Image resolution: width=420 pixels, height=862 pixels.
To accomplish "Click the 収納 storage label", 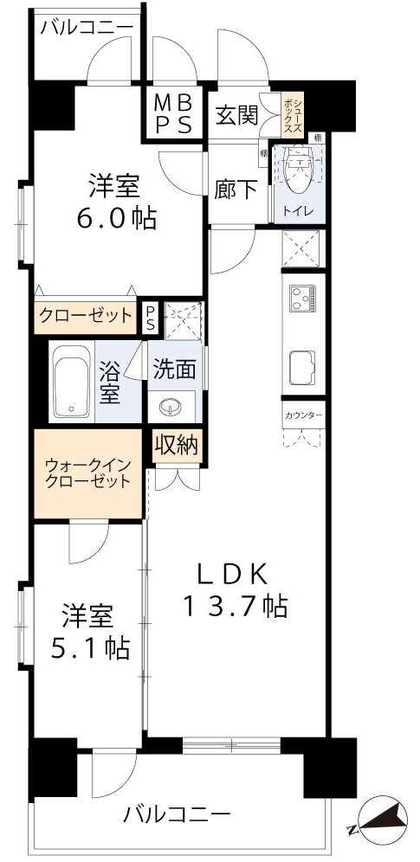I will tap(177, 447).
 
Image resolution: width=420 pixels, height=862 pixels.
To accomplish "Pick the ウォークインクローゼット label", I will tap(87, 473).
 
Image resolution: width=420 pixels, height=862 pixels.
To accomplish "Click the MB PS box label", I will tap(173, 113).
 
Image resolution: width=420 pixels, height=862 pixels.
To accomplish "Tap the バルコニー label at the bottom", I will tap(177, 814).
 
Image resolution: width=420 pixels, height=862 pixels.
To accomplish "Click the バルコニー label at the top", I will tap(87, 27).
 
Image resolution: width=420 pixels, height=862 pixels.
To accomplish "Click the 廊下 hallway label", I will tap(235, 190).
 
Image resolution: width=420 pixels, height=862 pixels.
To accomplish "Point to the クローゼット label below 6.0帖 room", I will tap(86, 315).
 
